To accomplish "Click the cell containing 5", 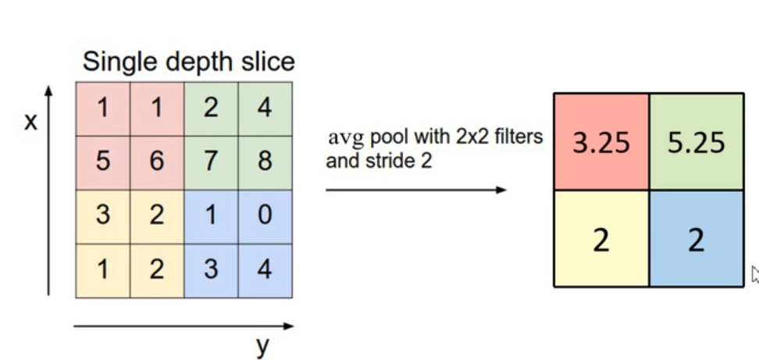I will click(x=102, y=162).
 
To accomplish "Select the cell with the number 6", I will click(x=157, y=162).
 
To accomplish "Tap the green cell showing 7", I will click(x=211, y=162).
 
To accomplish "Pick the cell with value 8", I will click(x=265, y=162).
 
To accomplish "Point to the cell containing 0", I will click(x=265, y=216).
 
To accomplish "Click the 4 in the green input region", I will click(x=265, y=108).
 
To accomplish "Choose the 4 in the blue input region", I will click(x=265, y=270).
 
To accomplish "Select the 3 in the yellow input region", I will click(x=102, y=216).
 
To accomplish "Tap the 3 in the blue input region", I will click(x=211, y=270).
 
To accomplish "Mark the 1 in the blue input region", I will click(x=211, y=216).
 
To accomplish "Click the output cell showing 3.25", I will click(x=600, y=143).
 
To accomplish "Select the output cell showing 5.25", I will click(x=696, y=143).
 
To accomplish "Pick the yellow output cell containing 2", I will click(x=600, y=240).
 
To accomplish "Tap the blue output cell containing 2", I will click(x=696, y=240).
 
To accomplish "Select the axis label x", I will click(x=30, y=122).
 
